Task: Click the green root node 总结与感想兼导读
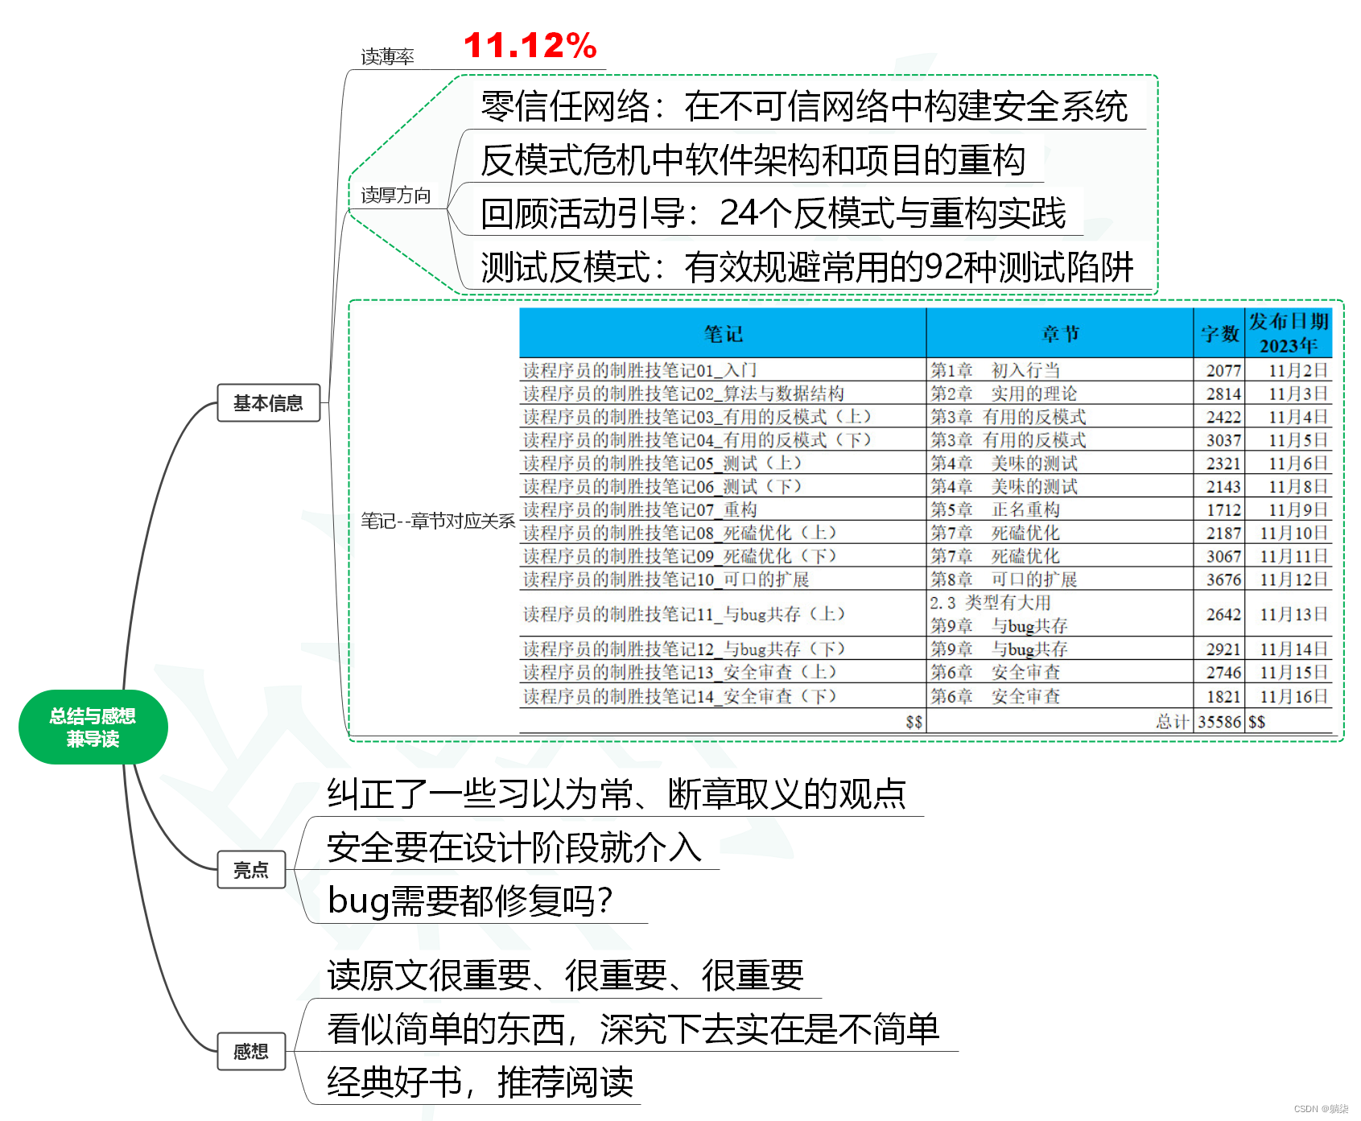pyautogui.click(x=93, y=727)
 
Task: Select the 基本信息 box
pyautogui.click(x=268, y=402)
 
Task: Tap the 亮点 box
pyautogui.click(x=251, y=869)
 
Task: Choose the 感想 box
pyautogui.click(x=251, y=1051)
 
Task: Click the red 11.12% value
pyautogui.click(x=530, y=46)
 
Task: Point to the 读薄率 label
pyautogui.click(x=387, y=56)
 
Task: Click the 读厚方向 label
pyautogui.click(x=395, y=196)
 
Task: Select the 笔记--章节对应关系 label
pyautogui.click(x=437, y=521)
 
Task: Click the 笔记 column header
pyautogui.click(x=722, y=334)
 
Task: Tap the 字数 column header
pyautogui.click(x=1219, y=334)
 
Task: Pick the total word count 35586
pyautogui.click(x=1219, y=722)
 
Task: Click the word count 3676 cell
pyautogui.click(x=1223, y=579)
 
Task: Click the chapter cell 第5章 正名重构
pyautogui.click(x=996, y=509)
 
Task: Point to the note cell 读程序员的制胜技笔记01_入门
pyautogui.click(x=640, y=370)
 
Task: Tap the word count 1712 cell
pyautogui.click(x=1223, y=509)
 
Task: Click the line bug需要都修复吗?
pyautogui.click(x=470, y=901)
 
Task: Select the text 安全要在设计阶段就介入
pyautogui.click(x=513, y=847)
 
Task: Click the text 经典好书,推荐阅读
pyautogui.click(x=480, y=1082)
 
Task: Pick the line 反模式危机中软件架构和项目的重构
pyautogui.click(x=753, y=160)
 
